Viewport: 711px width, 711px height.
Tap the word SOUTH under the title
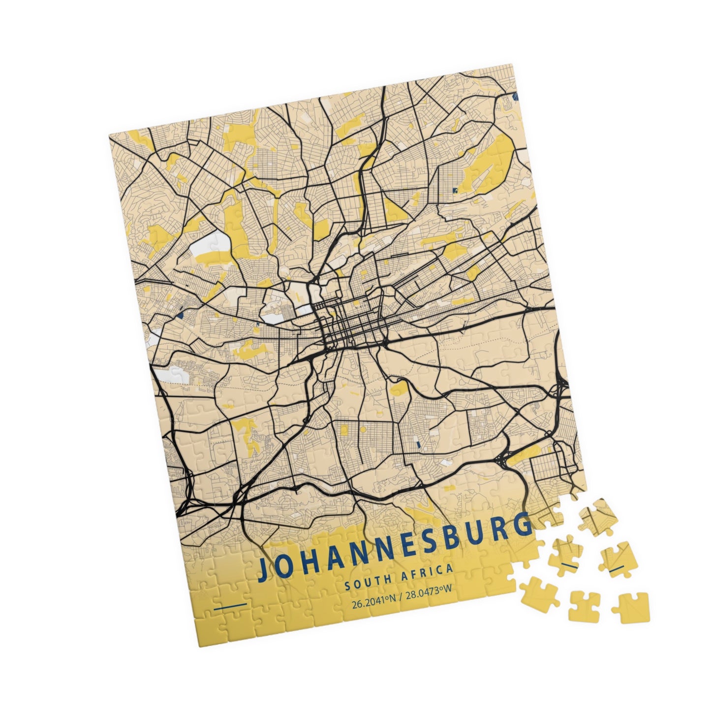[364, 582]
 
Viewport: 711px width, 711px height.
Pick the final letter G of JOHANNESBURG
[523, 525]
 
